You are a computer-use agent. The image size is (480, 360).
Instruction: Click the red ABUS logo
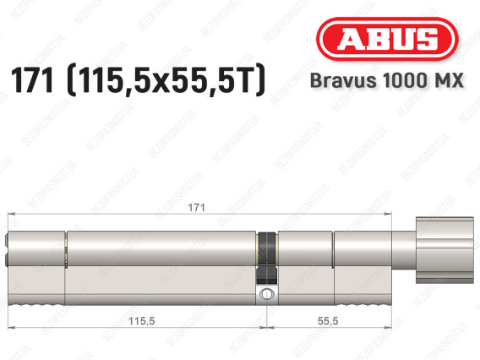pyautogui.click(x=387, y=39)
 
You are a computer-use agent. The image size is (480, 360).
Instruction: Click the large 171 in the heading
pyautogui.click(x=32, y=81)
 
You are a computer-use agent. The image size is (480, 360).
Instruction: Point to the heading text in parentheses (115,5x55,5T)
pyautogui.click(x=166, y=80)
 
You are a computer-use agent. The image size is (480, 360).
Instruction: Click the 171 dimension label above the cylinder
pyautogui.click(x=196, y=208)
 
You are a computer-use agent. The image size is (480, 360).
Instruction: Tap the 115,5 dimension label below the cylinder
pyautogui.click(x=141, y=321)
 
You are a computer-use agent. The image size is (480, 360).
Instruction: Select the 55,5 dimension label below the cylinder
pyautogui.click(x=328, y=321)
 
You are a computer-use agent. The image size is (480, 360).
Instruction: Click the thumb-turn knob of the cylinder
pyautogui.click(x=445, y=250)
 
